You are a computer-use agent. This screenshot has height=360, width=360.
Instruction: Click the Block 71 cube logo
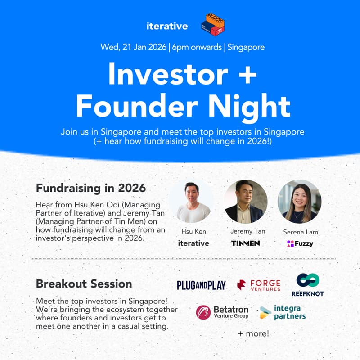pos(213,24)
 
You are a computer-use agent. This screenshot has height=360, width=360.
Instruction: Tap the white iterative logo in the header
pos(167,26)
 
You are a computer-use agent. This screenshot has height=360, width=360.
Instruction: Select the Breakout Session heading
pos(84,284)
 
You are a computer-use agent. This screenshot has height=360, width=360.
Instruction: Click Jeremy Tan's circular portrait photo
pos(246,201)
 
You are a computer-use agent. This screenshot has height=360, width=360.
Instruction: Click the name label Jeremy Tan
pos(246,231)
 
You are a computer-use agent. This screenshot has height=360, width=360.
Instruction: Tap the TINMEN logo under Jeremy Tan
pos(246,243)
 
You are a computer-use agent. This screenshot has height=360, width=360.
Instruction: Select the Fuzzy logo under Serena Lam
pos(300,243)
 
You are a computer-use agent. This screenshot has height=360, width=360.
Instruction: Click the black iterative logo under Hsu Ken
pos(193,243)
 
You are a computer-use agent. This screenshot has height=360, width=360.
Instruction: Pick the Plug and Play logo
pos(201,285)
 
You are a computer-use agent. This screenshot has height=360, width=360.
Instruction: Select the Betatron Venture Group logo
pos(222,312)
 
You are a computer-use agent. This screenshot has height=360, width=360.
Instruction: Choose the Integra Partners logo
pos(283,312)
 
